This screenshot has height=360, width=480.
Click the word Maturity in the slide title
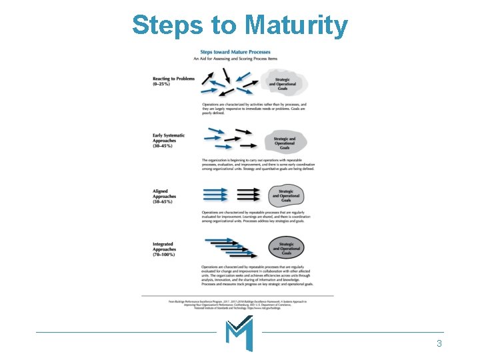pos(296,25)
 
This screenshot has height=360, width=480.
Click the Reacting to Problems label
pos(173,79)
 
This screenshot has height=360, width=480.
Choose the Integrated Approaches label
pos(164,248)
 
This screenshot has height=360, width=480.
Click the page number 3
pos(439,344)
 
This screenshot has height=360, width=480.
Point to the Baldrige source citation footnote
pos(237,304)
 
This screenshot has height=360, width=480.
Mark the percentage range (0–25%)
pos(162,85)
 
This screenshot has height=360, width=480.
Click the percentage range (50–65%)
pos(163,201)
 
